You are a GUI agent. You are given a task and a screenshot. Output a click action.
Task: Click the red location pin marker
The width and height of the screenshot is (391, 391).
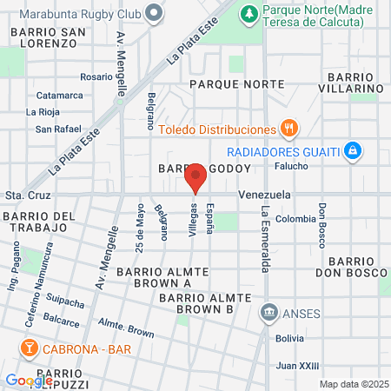coord(195,178)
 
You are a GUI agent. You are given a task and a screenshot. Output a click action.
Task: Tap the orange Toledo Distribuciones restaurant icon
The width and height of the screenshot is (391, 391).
coord(290,129)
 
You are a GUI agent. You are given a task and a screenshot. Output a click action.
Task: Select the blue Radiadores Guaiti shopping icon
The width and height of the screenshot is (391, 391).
coord(352,151)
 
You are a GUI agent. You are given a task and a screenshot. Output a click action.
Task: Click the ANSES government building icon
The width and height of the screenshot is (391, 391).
coord(269,311)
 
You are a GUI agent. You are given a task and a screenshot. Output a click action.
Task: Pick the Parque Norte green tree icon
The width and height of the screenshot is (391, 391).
coord(248,13)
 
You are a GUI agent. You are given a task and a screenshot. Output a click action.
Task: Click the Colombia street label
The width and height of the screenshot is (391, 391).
coord(296,219)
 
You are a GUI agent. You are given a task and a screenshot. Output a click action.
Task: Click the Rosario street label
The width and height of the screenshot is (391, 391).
coord(96,76)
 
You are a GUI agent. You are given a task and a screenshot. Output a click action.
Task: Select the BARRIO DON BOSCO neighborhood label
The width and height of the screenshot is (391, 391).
coord(357,267)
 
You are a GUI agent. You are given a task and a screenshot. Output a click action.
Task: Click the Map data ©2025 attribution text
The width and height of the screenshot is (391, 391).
coord(353,384)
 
